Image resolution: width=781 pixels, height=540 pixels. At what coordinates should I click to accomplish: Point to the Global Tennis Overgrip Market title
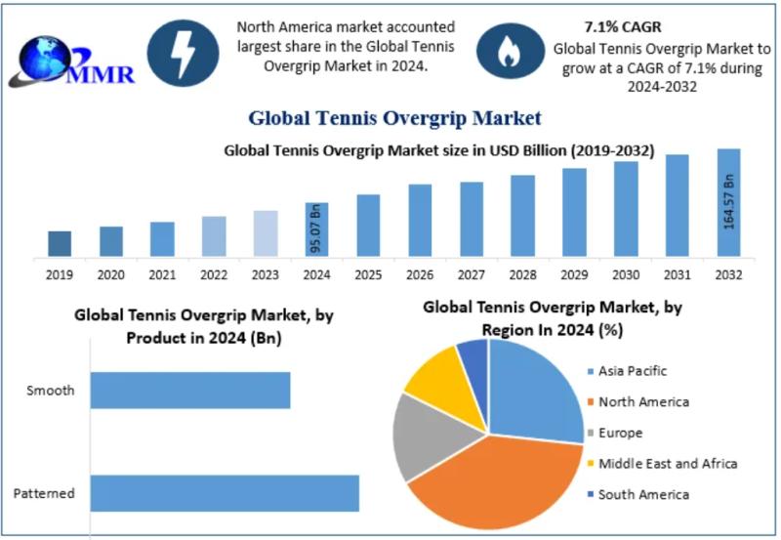coord(394,119)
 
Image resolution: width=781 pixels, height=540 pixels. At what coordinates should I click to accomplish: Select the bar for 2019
coord(60,244)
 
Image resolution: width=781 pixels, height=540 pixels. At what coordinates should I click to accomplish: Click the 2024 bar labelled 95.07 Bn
coord(316,230)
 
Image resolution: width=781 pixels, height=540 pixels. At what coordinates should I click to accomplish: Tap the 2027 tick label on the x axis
coord(472,275)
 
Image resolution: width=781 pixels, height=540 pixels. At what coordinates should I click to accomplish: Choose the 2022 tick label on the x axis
coord(214,275)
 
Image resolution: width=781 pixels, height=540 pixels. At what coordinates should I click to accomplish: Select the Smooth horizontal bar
coord(190,390)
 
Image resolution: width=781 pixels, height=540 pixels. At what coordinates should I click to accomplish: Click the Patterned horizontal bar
coord(225,493)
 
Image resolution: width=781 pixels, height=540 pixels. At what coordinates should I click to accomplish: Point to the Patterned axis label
coord(44,493)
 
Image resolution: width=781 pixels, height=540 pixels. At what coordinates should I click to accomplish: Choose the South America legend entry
coord(642,494)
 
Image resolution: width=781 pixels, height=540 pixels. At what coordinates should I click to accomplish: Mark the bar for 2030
coord(626,209)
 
